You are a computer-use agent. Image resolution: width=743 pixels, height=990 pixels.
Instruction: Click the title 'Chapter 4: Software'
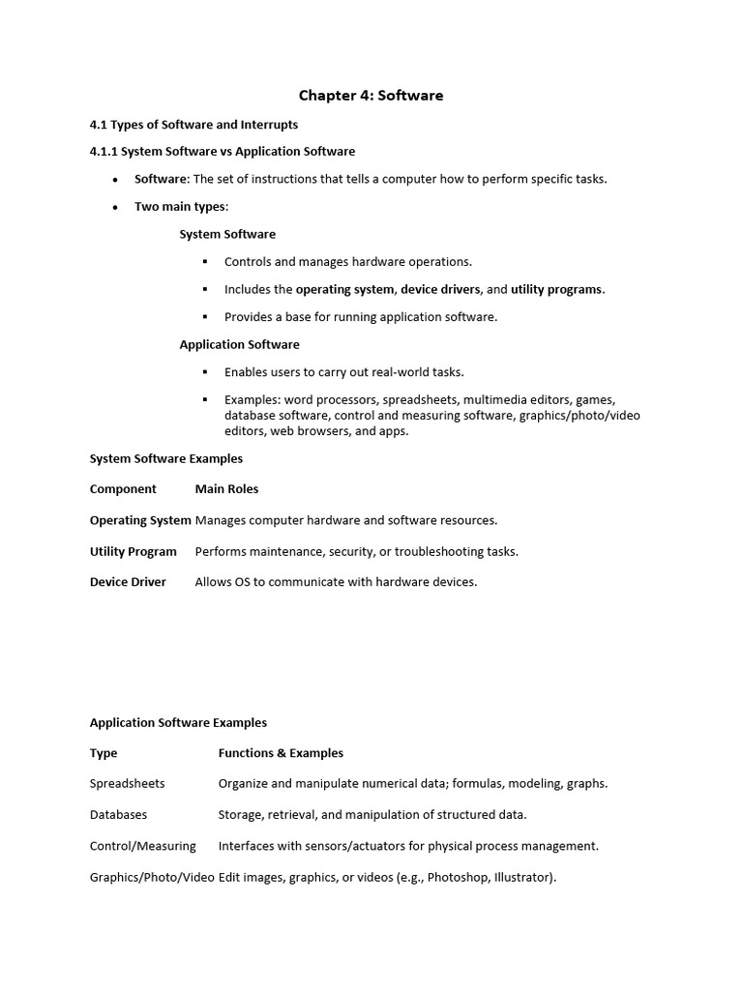tap(371, 95)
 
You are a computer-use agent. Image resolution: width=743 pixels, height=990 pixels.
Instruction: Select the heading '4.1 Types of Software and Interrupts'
tap(193, 125)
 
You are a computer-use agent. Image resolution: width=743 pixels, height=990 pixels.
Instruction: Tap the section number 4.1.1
tap(103, 151)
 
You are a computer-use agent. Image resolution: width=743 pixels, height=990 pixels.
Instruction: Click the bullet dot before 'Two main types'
tap(115, 207)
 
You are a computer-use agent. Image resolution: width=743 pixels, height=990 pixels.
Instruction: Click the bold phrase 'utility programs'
tap(556, 289)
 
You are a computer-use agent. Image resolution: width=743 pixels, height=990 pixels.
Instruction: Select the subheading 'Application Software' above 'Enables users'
tap(239, 344)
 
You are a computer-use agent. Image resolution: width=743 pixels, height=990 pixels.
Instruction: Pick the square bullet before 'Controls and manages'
tap(205, 262)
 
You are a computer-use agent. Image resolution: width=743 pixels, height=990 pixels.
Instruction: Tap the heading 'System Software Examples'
tap(166, 458)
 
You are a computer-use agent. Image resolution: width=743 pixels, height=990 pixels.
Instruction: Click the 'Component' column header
tap(123, 489)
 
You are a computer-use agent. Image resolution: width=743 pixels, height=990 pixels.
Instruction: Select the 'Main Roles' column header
tap(226, 489)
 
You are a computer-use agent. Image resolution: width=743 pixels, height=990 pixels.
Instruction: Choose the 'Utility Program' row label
tap(134, 551)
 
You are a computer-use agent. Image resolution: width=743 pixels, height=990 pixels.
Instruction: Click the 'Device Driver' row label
tap(128, 582)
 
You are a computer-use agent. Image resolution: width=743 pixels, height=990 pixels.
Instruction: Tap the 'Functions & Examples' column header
tap(281, 753)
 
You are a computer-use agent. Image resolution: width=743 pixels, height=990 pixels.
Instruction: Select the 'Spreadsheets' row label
tap(128, 784)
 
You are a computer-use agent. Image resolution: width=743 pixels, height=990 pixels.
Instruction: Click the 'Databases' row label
tap(119, 815)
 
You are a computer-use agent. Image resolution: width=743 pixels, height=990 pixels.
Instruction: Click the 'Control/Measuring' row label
tap(143, 846)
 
